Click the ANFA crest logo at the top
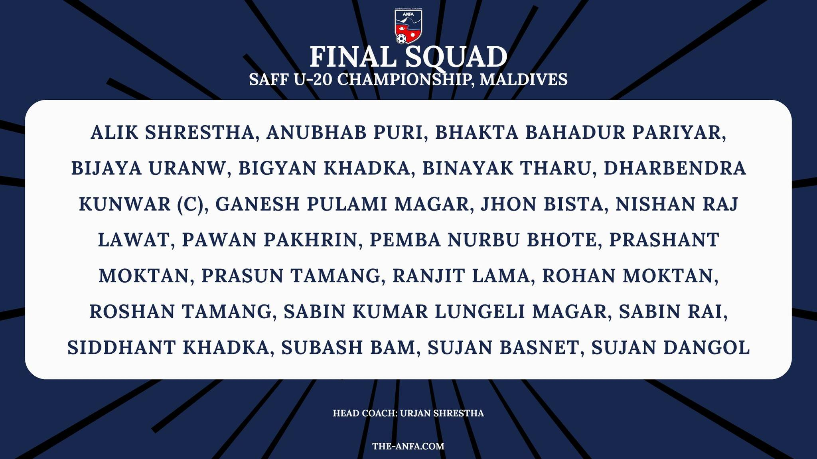[x=408, y=26]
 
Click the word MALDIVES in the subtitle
[x=523, y=79]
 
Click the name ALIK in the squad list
[x=115, y=132]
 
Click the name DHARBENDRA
[x=675, y=168]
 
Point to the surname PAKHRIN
[x=310, y=240]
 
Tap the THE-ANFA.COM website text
[x=408, y=446]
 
